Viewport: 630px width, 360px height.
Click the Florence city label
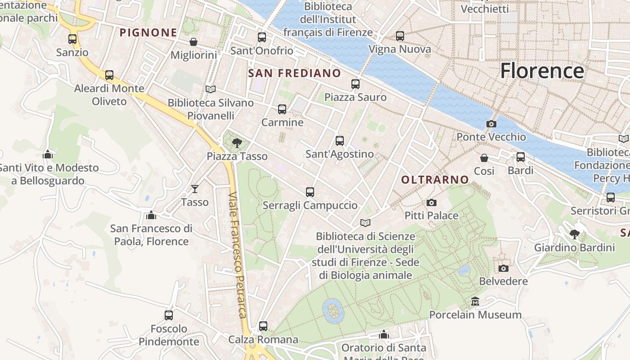click(x=542, y=71)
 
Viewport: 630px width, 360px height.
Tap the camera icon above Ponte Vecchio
click(x=491, y=124)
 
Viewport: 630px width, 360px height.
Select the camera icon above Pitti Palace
click(x=431, y=202)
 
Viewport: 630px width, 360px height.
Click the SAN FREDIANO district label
click(x=294, y=73)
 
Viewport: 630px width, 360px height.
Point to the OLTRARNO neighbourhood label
click(x=435, y=180)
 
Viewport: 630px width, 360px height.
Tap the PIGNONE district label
click(x=148, y=32)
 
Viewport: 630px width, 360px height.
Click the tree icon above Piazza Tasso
click(x=237, y=144)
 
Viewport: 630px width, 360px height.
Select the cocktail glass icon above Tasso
click(x=194, y=189)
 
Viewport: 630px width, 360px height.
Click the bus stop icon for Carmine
click(x=282, y=109)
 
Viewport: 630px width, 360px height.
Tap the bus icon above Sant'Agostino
click(x=340, y=141)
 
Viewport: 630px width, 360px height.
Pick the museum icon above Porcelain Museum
click(x=475, y=301)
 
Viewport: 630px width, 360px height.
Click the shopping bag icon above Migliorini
click(x=193, y=42)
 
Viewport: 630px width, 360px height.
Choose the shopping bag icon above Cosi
click(x=484, y=158)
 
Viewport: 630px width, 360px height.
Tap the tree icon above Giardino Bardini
click(x=574, y=234)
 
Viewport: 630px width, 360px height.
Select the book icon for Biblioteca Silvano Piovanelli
click(x=210, y=89)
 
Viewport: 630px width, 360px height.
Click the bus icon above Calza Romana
click(x=263, y=326)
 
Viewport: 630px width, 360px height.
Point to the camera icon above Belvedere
click(x=504, y=268)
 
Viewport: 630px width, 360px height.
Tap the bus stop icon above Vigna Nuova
click(x=400, y=36)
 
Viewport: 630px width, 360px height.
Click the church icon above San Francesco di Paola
click(x=151, y=215)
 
